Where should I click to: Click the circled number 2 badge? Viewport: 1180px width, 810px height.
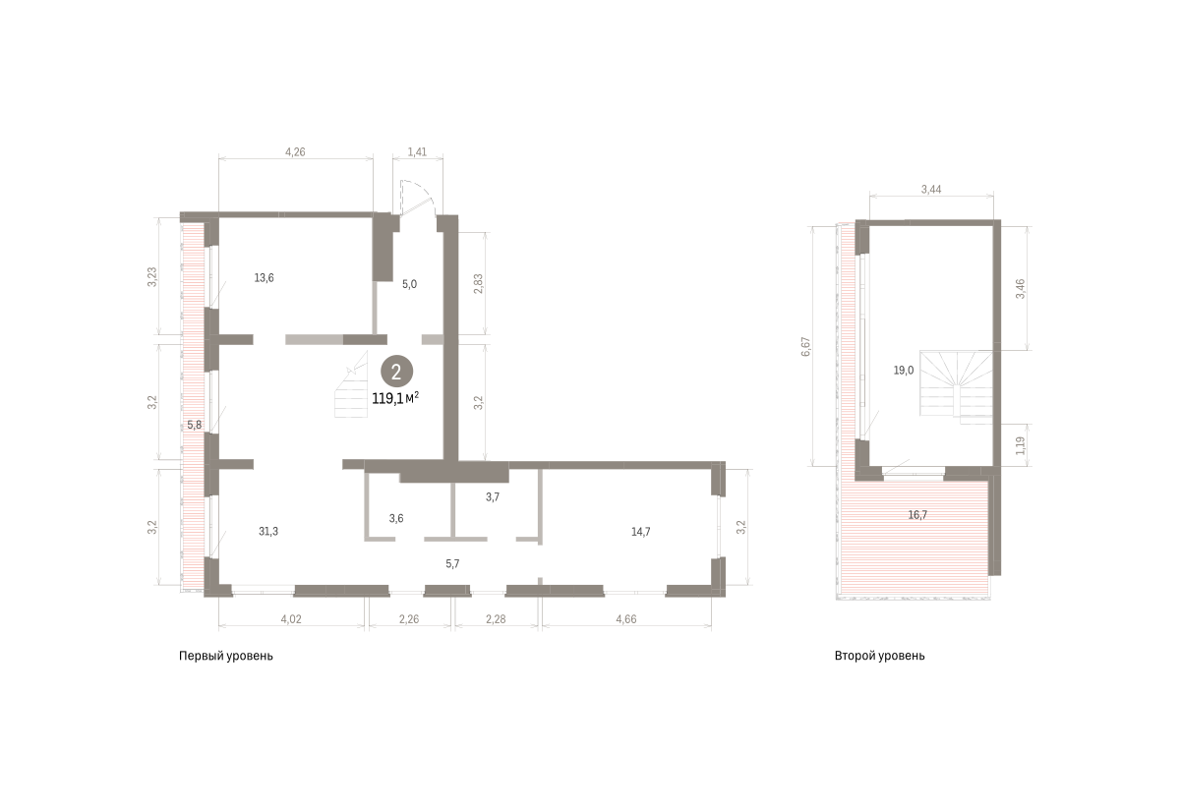coord(396,373)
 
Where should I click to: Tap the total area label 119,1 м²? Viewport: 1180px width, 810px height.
coord(395,399)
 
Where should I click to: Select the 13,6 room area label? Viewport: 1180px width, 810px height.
coord(264,278)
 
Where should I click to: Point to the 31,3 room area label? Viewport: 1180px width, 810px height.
coord(268,532)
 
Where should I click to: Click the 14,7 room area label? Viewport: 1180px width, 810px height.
coord(640,532)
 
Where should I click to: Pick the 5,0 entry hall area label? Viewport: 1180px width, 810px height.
coord(409,284)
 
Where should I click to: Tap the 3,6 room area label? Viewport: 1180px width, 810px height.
coord(396,518)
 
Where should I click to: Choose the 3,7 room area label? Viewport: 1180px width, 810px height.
coord(493,496)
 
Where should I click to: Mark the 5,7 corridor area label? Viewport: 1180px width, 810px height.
coord(452,564)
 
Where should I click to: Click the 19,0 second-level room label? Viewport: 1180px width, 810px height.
coord(904,371)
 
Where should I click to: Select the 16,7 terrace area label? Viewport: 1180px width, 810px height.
coord(917,515)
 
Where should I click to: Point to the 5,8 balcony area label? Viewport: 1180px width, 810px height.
coord(195,425)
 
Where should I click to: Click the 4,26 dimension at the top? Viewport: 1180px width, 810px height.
coord(295,152)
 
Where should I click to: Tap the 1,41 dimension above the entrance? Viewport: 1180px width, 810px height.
coord(417,152)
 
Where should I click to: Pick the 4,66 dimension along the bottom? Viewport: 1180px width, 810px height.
coord(626,619)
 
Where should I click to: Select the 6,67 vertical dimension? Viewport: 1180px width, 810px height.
coord(805,346)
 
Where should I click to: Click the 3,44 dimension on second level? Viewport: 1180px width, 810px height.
coord(931,190)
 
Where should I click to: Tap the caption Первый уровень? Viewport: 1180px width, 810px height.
coord(226,657)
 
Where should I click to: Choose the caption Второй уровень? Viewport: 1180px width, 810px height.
coord(880,657)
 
